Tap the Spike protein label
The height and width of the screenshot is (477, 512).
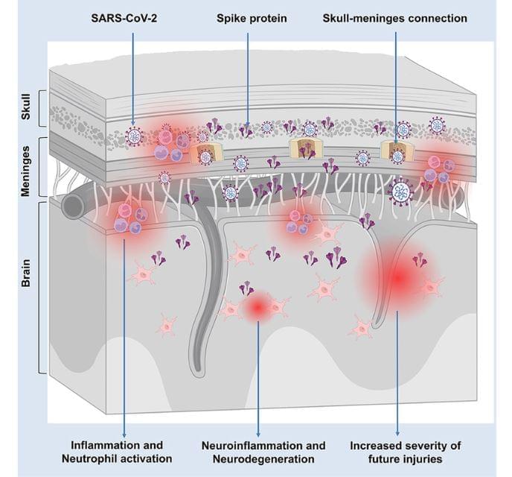click(247, 18)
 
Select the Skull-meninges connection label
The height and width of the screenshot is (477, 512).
click(395, 18)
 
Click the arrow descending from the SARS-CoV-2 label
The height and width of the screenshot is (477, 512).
click(132, 75)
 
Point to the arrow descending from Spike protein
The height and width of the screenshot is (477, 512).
click(247, 75)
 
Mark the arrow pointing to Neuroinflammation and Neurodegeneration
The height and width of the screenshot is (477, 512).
click(257, 373)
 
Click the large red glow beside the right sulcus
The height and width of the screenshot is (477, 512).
click(397, 278)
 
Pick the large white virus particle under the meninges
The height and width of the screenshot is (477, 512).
click(402, 192)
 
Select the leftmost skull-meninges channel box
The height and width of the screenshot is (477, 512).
click(202, 154)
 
